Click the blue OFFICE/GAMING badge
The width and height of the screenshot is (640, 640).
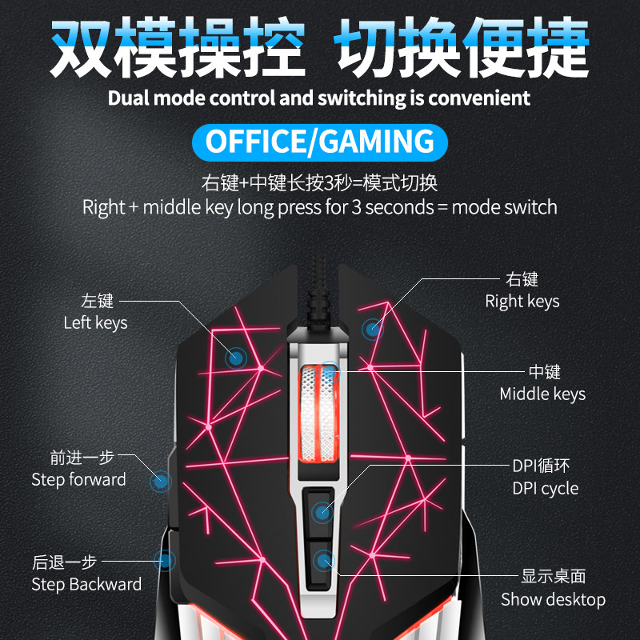(x=319, y=142)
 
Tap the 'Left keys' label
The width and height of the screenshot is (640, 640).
(x=95, y=323)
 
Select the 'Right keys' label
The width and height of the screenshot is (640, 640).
(x=522, y=302)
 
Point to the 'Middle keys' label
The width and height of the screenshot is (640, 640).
(x=542, y=394)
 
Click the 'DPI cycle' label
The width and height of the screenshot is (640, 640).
(x=546, y=488)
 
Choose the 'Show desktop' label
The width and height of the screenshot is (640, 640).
(x=553, y=599)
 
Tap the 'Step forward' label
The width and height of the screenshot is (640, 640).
(x=78, y=479)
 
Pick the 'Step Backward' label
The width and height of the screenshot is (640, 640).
(x=86, y=584)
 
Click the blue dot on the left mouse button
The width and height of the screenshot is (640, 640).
(x=236, y=358)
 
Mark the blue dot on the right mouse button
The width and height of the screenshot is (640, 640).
(x=372, y=329)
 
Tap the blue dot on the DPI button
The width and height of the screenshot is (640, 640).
(x=322, y=512)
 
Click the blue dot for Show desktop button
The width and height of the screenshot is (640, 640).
(x=324, y=561)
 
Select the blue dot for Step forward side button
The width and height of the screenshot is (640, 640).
(x=161, y=482)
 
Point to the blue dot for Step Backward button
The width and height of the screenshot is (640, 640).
(x=165, y=561)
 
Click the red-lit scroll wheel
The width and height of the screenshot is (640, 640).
(x=318, y=414)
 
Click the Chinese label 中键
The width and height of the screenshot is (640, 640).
(x=545, y=372)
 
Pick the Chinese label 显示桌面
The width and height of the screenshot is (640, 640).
(x=554, y=576)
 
